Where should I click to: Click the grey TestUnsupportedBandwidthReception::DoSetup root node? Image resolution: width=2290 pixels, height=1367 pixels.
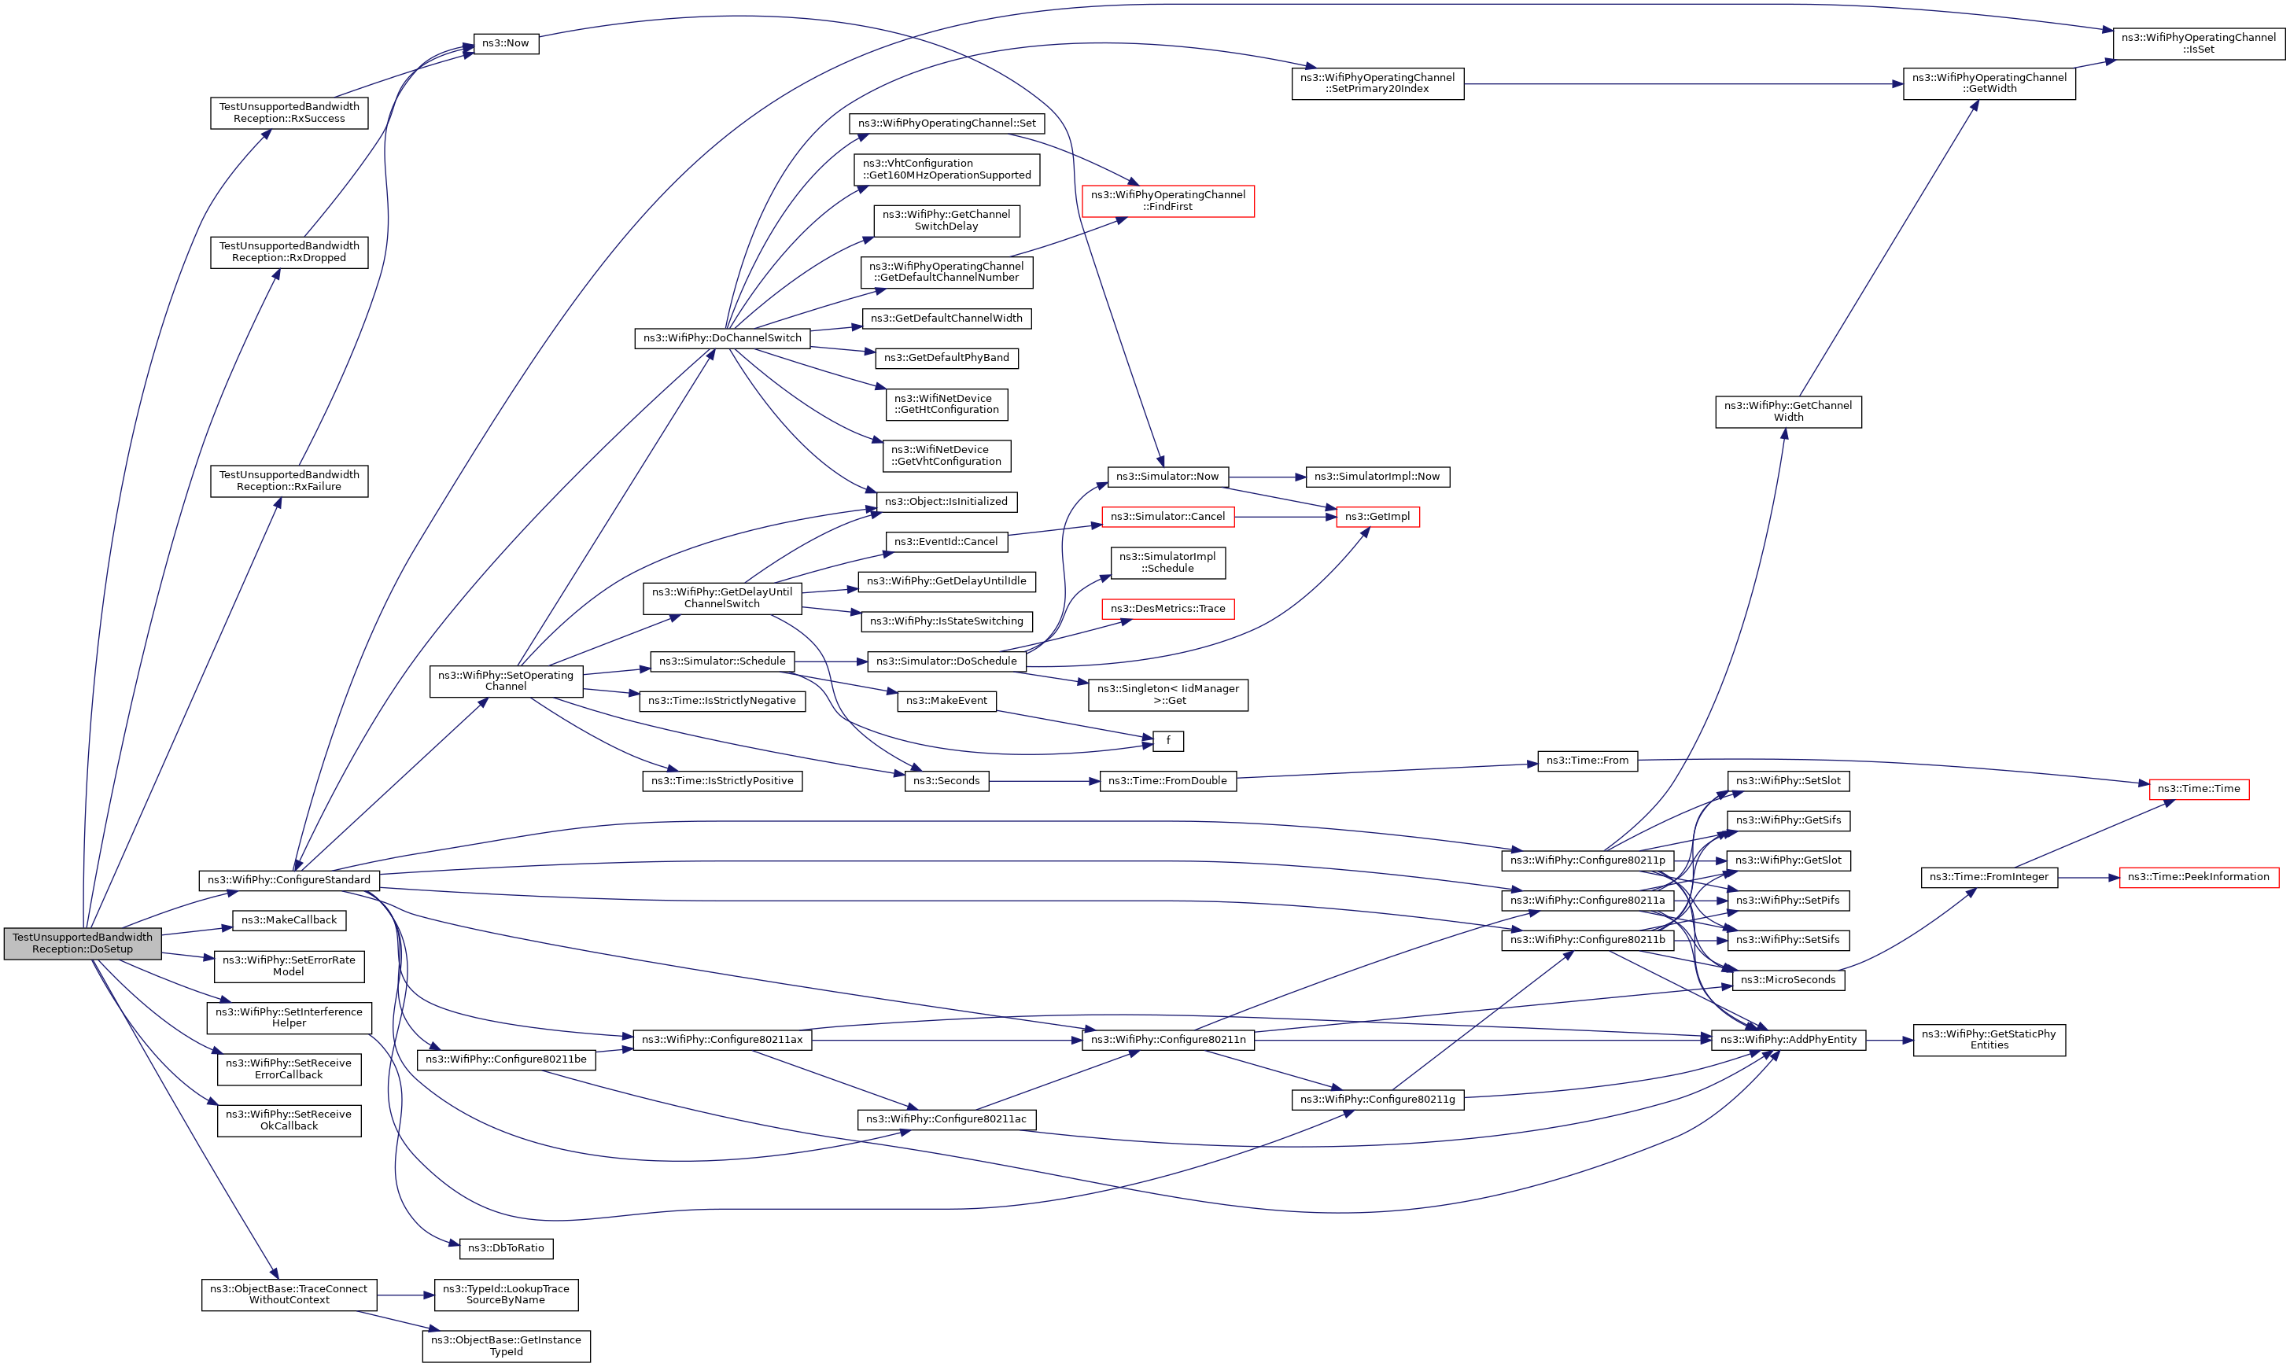click(82, 943)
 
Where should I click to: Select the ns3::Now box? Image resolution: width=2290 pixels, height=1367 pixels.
click(506, 43)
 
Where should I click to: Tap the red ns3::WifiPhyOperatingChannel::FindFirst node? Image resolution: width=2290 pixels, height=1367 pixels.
click(1167, 201)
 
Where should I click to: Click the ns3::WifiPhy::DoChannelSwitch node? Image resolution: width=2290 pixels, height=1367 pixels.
click(722, 338)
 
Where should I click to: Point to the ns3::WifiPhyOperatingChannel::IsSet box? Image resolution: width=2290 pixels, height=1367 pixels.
click(2198, 43)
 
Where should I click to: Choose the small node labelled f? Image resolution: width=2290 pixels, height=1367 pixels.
click(1168, 741)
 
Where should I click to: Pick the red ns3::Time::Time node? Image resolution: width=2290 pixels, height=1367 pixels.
click(2198, 790)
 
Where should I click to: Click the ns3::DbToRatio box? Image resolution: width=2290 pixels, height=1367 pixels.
click(506, 1248)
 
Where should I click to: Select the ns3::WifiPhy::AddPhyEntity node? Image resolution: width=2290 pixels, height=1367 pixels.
click(1788, 1040)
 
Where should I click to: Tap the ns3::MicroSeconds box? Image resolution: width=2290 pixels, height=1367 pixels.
click(1788, 980)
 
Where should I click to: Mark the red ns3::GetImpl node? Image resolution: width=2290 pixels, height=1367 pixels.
click(1377, 517)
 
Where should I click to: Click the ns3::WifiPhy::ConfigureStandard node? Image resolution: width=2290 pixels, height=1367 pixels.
click(289, 881)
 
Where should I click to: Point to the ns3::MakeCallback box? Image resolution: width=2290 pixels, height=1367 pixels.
click(289, 920)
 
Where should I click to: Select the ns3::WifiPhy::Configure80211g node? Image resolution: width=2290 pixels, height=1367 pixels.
click(1377, 1100)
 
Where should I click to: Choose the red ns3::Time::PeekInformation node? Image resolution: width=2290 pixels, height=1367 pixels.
click(2198, 877)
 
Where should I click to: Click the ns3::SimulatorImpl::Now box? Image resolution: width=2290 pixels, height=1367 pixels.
click(1377, 477)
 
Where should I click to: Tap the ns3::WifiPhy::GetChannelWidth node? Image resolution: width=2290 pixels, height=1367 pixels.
click(1788, 412)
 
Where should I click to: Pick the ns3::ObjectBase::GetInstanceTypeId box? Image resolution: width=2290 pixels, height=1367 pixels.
click(506, 1346)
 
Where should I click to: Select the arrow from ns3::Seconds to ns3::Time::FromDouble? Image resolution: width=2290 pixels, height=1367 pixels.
click(1044, 781)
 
